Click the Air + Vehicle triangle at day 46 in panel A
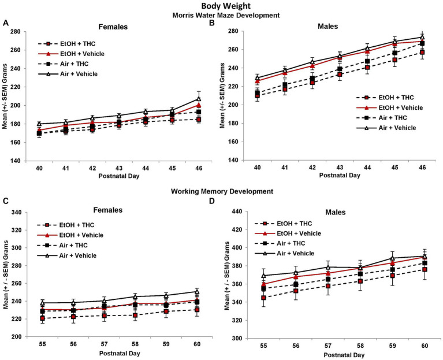(x=199, y=99)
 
